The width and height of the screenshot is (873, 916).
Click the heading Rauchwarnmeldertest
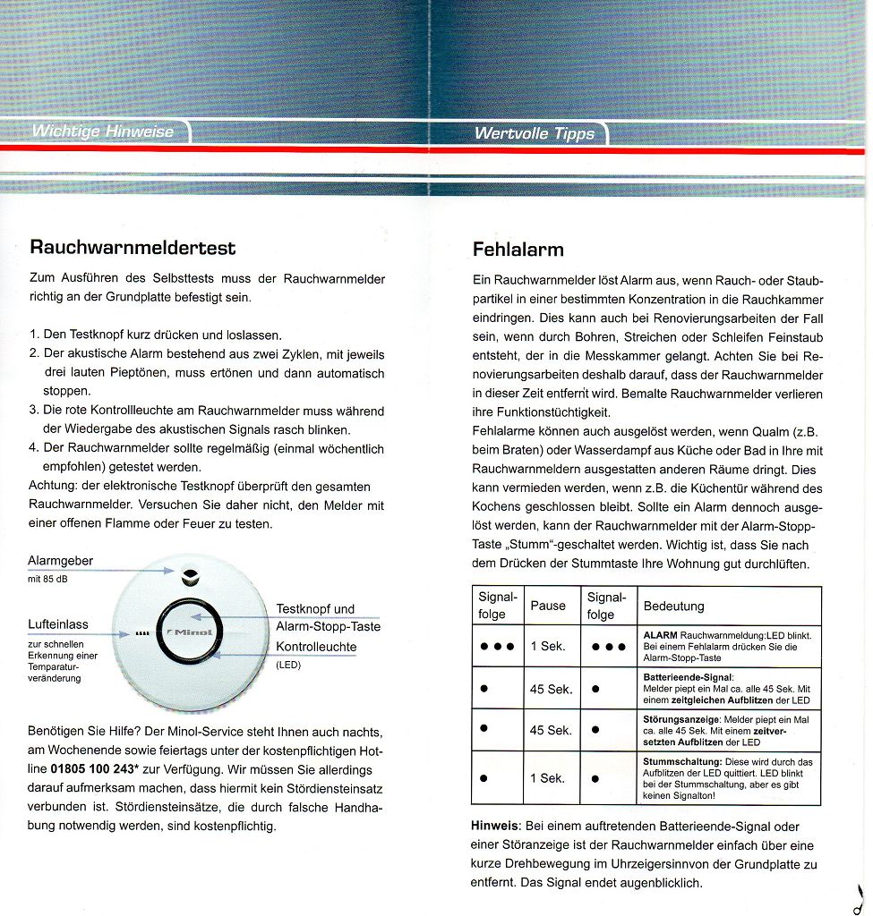coord(133,246)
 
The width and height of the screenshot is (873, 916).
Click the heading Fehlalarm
coord(518,249)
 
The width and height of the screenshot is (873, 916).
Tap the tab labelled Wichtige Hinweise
coord(103,131)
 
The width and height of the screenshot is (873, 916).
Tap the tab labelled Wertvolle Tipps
coord(534,134)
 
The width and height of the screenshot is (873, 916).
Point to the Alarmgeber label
coord(61,561)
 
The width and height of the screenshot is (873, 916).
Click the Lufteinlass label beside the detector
coord(58,624)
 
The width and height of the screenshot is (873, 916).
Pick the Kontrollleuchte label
coord(316,647)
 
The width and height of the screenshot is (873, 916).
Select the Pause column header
coord(548,606)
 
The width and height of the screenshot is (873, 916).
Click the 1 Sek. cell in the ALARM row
coord(548,646)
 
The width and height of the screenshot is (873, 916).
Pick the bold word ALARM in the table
coord(661,635)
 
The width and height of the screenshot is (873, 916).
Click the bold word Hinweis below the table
coord(496,826)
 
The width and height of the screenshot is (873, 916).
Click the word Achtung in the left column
coord(53,486)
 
